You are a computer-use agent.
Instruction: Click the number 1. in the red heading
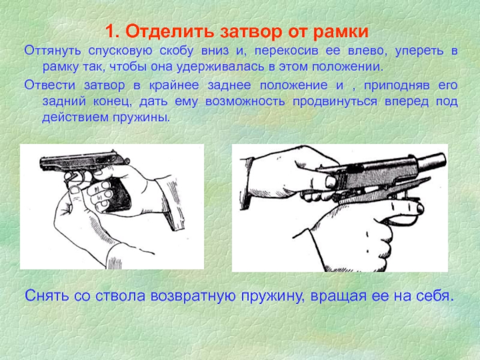pos(113,32)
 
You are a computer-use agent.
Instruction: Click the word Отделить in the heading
pos(170,32)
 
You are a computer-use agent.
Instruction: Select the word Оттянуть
pos(53,50)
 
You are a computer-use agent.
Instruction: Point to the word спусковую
pos(120,52)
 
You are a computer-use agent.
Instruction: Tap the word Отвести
pos(50,85)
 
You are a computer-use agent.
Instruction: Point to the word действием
pos(75,118)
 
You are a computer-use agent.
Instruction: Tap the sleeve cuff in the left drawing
pos(173,203)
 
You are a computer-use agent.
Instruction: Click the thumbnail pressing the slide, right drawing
pos(331,182)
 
